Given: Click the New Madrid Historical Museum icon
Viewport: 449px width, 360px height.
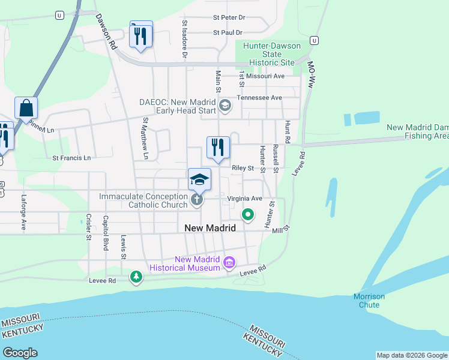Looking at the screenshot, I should [229, 262].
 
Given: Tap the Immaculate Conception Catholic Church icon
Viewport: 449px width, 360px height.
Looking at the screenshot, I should [197, 199].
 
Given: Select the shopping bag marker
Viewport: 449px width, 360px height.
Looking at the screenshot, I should [26, 109].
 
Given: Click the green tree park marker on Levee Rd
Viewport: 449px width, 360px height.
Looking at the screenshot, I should [137, 277].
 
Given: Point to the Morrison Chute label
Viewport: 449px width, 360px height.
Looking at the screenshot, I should [369, 301].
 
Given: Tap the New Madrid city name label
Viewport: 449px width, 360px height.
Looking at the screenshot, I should [210, 228].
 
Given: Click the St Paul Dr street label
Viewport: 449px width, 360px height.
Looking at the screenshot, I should [228, 32].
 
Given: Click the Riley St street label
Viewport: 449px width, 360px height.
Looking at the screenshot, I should [243, 169].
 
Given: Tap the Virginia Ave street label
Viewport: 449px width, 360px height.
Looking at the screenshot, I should [245, 198].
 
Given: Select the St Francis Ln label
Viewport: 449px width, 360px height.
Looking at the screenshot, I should [71, 158].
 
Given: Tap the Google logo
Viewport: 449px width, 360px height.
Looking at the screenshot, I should [20, 353].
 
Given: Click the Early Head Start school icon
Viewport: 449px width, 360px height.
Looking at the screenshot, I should [225, 106].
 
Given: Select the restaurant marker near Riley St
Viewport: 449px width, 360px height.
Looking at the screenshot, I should [218, 148].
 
